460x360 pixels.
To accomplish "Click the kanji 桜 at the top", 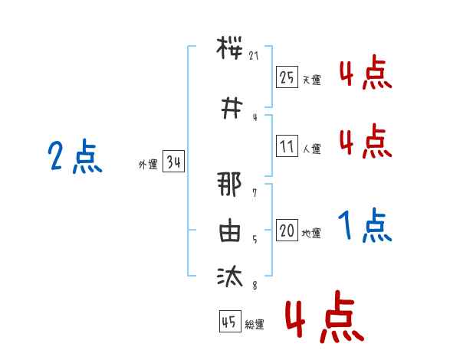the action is coord(229,47).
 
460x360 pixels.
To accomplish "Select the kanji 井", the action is coord(232,108).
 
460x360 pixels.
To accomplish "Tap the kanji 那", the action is coord(229,184).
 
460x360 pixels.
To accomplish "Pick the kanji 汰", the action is coord(230,276).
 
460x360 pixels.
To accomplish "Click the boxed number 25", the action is coord(287,77).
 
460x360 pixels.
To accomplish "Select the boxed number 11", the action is coord(287,146).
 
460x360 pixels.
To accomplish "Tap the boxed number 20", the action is coord(287,230).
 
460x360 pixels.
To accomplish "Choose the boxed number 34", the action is coord(173,162).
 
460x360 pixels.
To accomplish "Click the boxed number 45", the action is coord(230,321).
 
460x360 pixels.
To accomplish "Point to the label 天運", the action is coord(311,80).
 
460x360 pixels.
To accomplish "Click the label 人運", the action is coord(311,149).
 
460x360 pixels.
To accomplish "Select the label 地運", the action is coord(311,233).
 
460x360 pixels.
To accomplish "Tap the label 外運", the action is coord(148,165).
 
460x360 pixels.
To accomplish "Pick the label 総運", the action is coord(255,324).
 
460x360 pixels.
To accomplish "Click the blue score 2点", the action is coord(75,156).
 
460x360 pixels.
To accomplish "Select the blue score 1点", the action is coord(365,225).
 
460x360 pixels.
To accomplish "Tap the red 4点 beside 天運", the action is coord(366,72).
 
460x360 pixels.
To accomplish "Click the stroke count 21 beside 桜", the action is coord(254,55).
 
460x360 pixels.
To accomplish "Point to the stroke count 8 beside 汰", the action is coord(255,285).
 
